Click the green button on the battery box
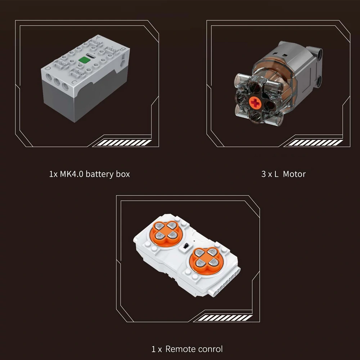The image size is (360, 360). coord(84,60)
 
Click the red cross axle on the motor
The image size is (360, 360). coord(255,103)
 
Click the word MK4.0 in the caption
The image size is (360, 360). coord(71,174)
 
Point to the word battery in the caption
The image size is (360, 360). coord(100,174)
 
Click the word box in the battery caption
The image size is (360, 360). coord(123,174)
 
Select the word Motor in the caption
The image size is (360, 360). coord(294,174)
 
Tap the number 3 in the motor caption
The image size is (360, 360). coord(264,174)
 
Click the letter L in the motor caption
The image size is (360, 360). coord(276,174)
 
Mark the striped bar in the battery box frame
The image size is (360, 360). coord(124,143)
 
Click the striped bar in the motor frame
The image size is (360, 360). coord(315,143)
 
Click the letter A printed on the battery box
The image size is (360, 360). coord(98,37)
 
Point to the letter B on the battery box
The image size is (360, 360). coord(122,49)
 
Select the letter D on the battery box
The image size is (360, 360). coord(48,68)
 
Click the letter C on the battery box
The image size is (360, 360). coord(74,82)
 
